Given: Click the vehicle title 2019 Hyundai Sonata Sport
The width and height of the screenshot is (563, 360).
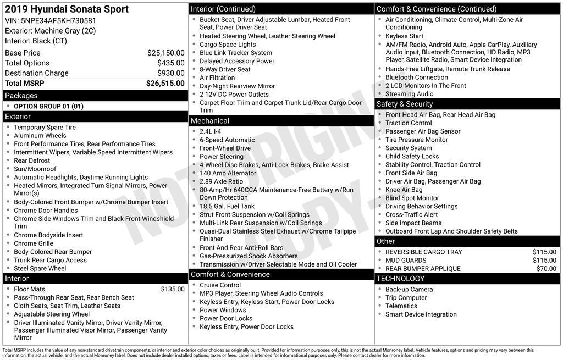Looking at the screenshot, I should pyautogui.click(x=67, y=9).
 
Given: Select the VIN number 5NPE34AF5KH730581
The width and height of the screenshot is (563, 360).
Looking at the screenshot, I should pyautogui.click(x=60, y=20).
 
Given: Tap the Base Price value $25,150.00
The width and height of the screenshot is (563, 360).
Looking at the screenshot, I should pyautogui.click(x=165, y=53).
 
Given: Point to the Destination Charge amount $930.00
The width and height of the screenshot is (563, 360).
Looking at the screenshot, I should pyautogui.click(x=170, y=73).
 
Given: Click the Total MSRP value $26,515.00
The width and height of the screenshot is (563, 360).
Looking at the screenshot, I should pyautogui.click(x=165, y=83).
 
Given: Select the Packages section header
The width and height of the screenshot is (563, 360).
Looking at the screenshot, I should pyautogui.click(x=21, y=96).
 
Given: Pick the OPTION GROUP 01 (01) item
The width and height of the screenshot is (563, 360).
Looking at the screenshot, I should pyautogui.click(x=48, y=106).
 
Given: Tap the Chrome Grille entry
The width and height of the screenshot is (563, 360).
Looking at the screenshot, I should pyautogui.click(x=34, y=243).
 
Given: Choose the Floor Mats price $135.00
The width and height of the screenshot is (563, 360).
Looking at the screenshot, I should pyautogui.click(x=173, y=289).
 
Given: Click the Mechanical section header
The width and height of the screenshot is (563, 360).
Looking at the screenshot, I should pyautogui.click(x=209, y=121).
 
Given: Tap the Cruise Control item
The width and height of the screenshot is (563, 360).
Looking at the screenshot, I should pyautogui.click(x=220, y=285).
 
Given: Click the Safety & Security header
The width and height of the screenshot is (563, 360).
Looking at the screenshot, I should pyautogui.click(x=405, y=104).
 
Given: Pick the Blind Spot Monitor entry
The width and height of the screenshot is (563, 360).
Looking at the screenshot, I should pyautogui.click(x=412, y=198).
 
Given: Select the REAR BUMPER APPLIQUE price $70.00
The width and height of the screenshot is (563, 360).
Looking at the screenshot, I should pyautogui.click(x=546, y=269).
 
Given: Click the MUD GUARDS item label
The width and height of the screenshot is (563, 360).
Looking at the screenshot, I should pyautogui.click(x=406, y=261).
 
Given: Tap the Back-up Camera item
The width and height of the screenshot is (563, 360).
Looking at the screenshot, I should pyautogui.click(x=409, y=289).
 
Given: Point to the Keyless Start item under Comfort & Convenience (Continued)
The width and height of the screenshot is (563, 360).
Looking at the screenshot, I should pyautogui.click(x=404, y=36).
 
